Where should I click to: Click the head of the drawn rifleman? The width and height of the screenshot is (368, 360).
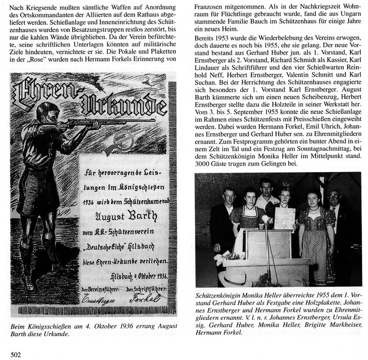[x=46, y=113]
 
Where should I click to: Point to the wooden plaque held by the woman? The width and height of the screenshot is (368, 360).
[x=284, y=218]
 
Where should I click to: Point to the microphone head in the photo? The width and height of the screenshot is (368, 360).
[x=265, y=219]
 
